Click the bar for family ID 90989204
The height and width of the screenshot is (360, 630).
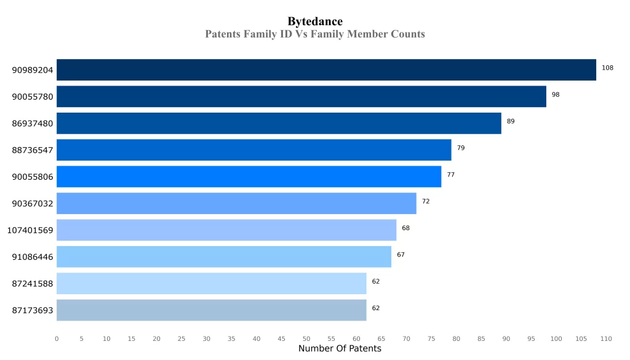[x=326, y=70]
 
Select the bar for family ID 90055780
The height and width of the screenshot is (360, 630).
[x=301, y=97]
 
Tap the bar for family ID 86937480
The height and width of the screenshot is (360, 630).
[x=279, y=123]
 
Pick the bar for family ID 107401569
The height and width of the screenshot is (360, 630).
[x=226, y=230]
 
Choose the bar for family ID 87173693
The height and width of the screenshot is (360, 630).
[x=211, y=310]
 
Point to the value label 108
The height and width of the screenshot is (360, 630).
[x=607, y=68]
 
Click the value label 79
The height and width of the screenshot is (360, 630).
[x=461, y=148]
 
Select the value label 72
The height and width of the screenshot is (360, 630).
[x=426, y=201]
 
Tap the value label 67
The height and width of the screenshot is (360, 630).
[x=401, y=255]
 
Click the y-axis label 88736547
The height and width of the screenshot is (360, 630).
[x=33, y=150]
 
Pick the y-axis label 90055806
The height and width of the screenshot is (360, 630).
[x=33, y=177]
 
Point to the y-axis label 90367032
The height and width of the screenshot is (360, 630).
[x=33, y=204]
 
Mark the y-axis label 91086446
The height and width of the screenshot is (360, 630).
[x=33, y=257]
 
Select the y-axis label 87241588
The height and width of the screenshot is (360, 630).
[x=33, y=284]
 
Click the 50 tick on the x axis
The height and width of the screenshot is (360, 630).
[x=306, y=338]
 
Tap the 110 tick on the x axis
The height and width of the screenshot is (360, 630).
[x=606, y=338]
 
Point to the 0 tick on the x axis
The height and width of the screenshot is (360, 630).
[x=57, y=338]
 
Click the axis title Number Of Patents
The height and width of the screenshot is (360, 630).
[x=340, y=349]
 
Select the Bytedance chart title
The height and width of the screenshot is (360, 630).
[x=315, y=22]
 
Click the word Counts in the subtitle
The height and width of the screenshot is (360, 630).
[x=408, y=34]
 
